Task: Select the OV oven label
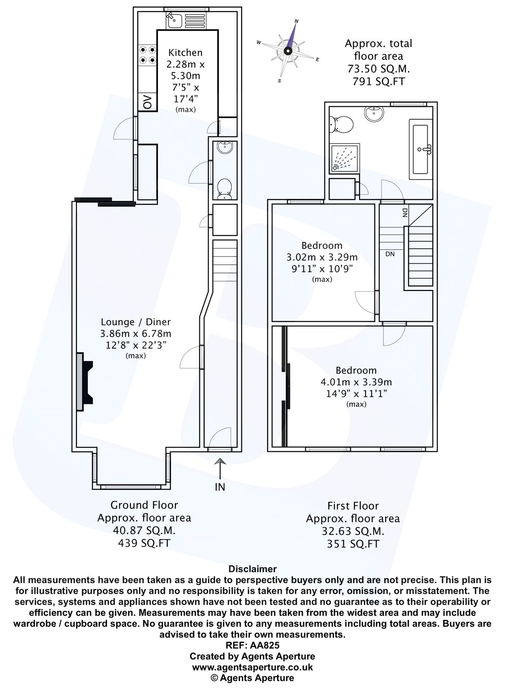147,102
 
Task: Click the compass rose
288,51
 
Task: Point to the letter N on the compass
296,21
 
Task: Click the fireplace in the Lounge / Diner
85,381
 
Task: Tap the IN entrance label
220,487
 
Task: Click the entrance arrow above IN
220,469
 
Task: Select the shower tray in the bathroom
345,158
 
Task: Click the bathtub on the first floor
420,149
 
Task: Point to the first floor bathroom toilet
341,124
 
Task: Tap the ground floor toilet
225,189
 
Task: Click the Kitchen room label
185,52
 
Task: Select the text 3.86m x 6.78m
136,334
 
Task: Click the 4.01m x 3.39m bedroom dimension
356,382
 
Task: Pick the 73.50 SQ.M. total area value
379,69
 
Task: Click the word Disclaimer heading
252,569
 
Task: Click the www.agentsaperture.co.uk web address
252,667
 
